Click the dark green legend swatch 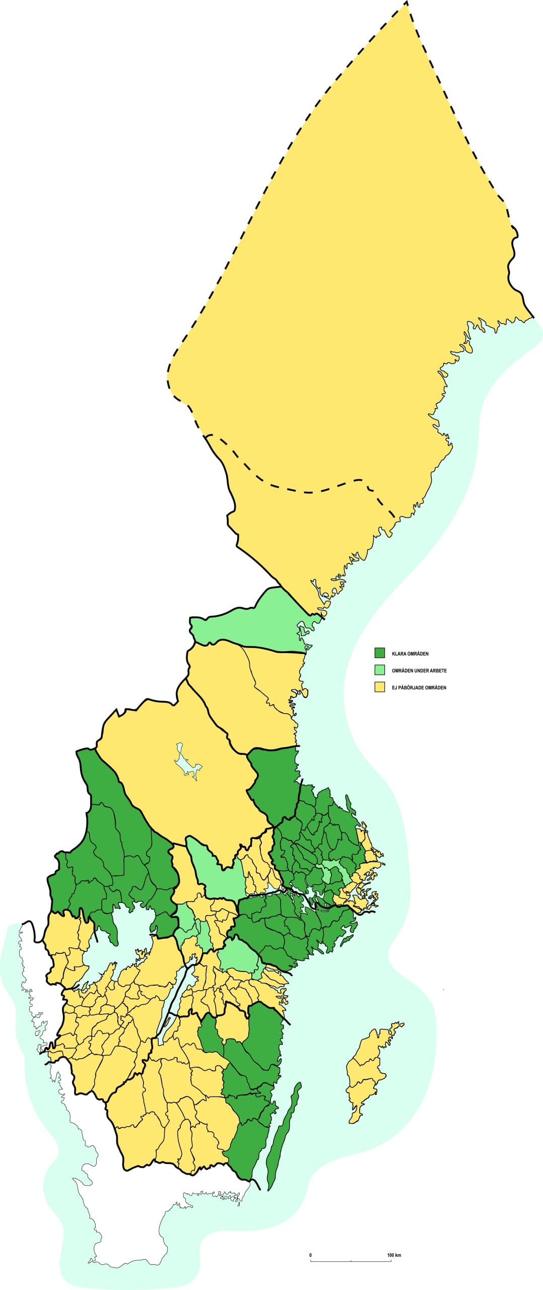[x=379, y=653]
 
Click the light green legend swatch [x=379, y=670]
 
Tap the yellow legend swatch [x=379, y=687]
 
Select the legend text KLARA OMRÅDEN [x=410, y=654]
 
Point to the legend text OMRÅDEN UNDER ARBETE [x=419, y=671]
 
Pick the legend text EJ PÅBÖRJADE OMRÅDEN [x=419, y=687]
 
